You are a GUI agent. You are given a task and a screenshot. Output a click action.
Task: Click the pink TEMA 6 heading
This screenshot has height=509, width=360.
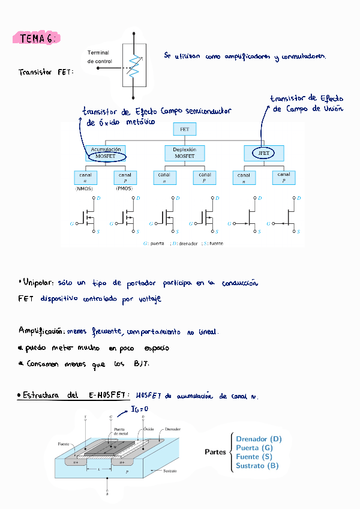coord(36,38)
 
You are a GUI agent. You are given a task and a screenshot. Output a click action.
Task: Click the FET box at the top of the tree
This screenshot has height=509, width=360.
coord(184,129)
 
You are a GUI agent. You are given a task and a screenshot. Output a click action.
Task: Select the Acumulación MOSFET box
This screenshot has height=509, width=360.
coord(106,152)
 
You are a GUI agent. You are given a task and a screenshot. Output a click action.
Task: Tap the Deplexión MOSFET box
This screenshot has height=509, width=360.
coord(184,152)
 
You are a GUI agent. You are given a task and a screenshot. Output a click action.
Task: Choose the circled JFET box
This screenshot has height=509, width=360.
coord(263,153)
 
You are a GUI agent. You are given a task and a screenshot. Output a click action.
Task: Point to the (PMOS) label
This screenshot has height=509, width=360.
coord(124,188)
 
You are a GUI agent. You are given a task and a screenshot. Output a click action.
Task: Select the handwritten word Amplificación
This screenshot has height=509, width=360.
coord(41,331)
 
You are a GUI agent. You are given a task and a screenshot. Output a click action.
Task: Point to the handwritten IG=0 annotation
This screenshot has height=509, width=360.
coord(139,409)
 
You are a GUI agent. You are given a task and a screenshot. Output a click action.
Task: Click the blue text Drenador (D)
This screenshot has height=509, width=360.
coord(259,439)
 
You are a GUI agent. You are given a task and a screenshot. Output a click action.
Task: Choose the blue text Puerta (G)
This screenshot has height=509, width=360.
coord(254,448)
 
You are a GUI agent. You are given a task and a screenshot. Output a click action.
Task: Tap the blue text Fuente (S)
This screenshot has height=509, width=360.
coord(254,457)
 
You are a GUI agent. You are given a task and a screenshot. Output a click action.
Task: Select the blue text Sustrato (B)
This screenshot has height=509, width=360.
coord(257,466)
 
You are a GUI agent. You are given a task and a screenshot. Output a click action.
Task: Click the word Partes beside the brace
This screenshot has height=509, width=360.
coord(215,452)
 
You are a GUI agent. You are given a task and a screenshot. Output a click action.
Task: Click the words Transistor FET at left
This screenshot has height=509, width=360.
coord(46,72)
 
